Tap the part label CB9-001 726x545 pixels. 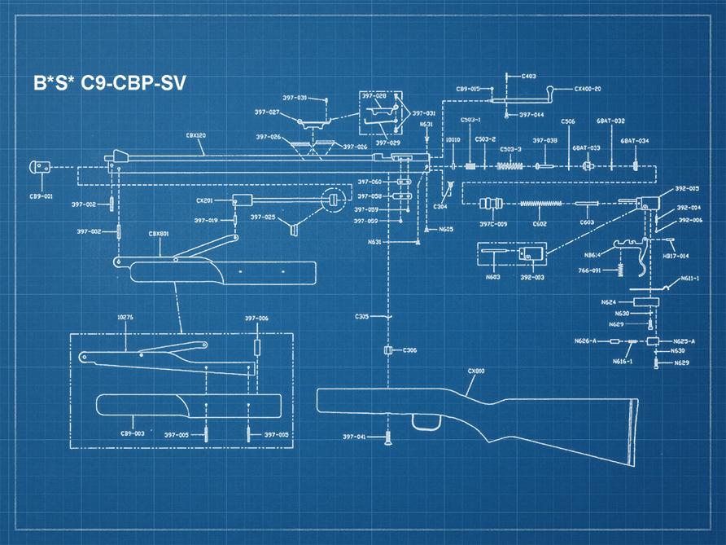42,196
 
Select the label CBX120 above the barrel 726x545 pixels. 195,137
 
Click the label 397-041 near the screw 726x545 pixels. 354,437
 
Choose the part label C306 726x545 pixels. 409,350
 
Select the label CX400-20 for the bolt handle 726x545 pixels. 588,89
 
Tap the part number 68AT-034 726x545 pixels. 635,141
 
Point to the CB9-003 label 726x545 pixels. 133,433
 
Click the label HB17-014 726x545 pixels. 678,256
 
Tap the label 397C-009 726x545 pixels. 493,224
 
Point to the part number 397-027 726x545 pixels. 267,112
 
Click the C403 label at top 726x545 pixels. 528,77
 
